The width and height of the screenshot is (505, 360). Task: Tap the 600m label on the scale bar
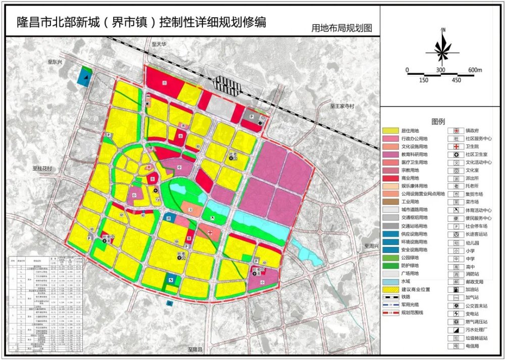click(x=475, y=70)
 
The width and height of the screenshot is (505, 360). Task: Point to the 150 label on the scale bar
click(x=423, y=80)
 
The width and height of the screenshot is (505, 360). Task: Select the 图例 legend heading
click(x=438, y=122)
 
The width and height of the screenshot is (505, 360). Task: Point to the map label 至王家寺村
click(x=343, y=107)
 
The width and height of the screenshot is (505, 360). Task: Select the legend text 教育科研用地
click(x=414, y=155)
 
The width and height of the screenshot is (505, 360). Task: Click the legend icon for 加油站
click(x=456, y=290)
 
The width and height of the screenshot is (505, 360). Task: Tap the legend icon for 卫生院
click(x=456, y=146)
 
